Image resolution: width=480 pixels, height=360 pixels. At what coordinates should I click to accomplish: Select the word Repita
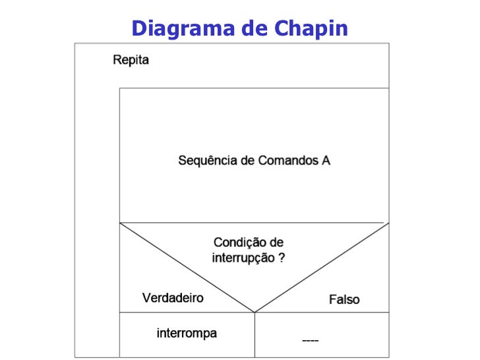131,60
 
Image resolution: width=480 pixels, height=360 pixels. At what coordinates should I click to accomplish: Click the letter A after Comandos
326,160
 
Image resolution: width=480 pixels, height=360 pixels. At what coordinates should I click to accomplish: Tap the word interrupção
242,258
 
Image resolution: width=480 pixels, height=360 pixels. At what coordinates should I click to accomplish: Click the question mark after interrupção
282,258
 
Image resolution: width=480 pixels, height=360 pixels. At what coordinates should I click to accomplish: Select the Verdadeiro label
173,298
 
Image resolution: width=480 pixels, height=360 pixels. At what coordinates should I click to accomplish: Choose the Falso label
344,299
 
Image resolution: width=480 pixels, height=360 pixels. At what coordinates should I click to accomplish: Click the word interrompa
187,333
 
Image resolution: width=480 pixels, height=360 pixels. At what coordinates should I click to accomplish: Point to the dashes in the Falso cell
310,340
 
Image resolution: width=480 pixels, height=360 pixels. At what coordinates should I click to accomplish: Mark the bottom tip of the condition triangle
255,311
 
